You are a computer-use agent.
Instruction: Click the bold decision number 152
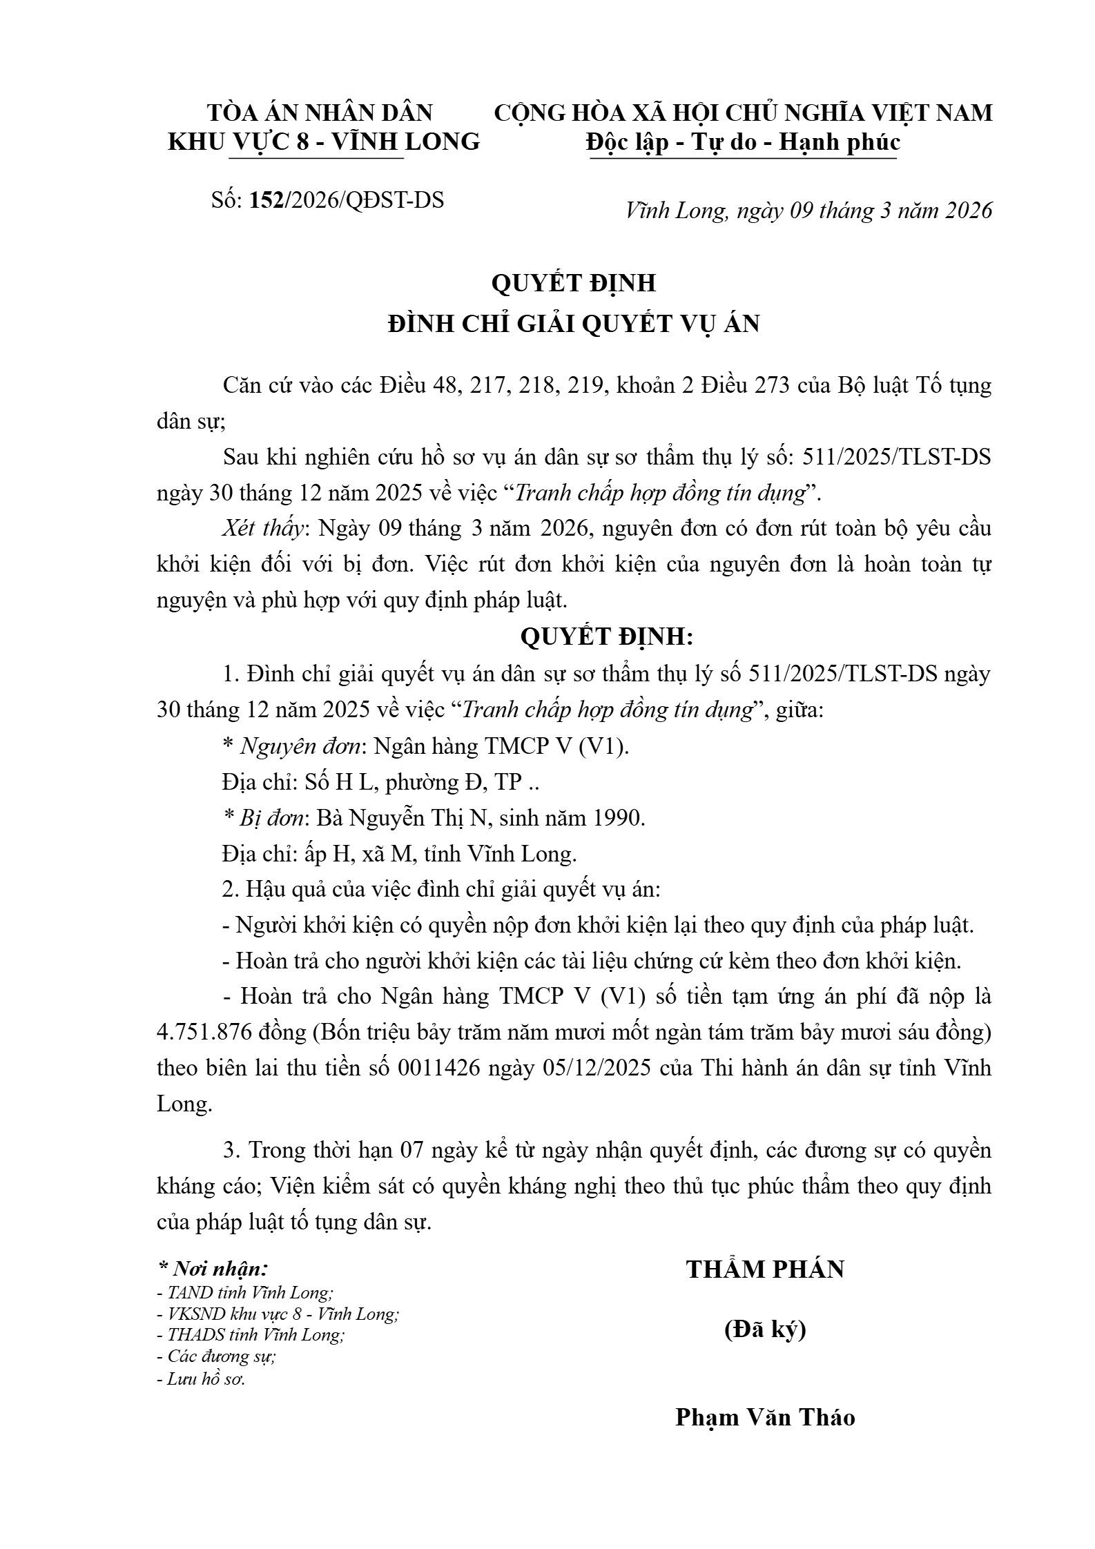pos(269,200)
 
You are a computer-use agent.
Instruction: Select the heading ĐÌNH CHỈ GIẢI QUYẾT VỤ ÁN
pos(574,324)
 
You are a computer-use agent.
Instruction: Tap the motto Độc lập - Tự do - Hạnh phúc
pos(743,142)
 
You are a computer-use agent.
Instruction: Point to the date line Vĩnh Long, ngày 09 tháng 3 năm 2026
pos(808,211)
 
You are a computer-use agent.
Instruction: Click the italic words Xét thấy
pos(263,529)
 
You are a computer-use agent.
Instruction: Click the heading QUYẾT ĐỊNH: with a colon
pos(606,636)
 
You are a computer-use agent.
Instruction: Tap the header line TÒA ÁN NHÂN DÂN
pos(320,113)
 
